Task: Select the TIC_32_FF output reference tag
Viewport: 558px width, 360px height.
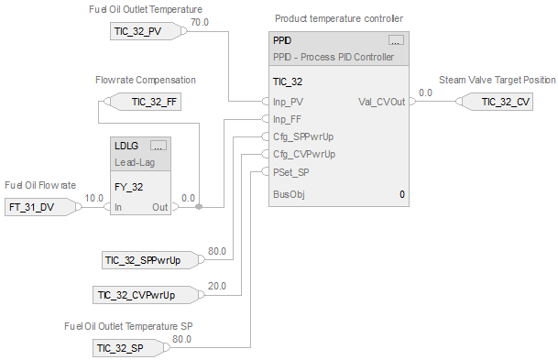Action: [154, 102]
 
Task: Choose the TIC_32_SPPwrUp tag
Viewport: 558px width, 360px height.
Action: [150, 261]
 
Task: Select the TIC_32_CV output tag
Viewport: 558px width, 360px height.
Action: [505, 102]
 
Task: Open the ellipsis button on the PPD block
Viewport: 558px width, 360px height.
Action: [395, 41]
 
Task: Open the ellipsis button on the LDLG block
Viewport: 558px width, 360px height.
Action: [158, 146]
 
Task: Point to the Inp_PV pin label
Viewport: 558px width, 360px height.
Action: [290, 102]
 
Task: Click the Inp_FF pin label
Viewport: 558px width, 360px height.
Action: [290, 119]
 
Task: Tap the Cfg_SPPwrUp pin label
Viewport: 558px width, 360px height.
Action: [303, 136]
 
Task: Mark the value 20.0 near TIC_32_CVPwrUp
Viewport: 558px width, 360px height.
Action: [216, 285]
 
